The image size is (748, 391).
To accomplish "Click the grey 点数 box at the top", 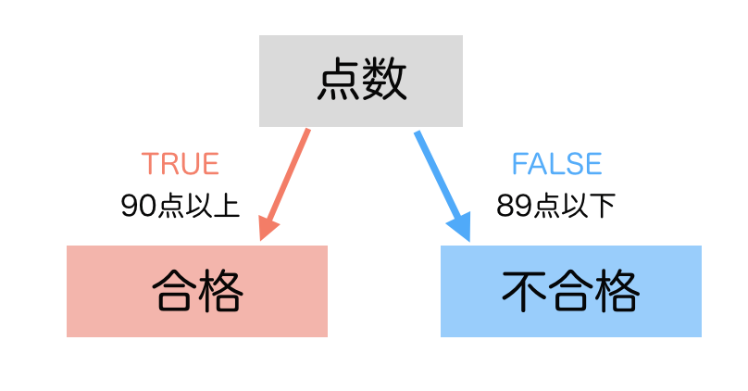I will point(361,81).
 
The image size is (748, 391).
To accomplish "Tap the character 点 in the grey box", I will point(338,82).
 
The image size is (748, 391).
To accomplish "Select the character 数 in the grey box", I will point(384,82).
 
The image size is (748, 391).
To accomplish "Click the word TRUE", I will point(181,164).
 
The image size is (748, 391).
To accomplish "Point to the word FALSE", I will point(556,164).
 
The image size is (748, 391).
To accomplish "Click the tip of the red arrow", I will point(264,237).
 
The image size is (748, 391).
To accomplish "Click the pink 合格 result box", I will point(197,291).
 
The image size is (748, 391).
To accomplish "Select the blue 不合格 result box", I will point(570,291).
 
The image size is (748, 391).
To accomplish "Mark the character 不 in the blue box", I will point(524,292).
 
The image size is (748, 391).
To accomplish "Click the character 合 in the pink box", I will point(174,292).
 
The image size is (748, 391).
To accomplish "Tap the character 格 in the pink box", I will point(220,292).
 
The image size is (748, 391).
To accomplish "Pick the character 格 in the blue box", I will point(617,292).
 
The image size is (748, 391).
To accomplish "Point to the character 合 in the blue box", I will point(570,292).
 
